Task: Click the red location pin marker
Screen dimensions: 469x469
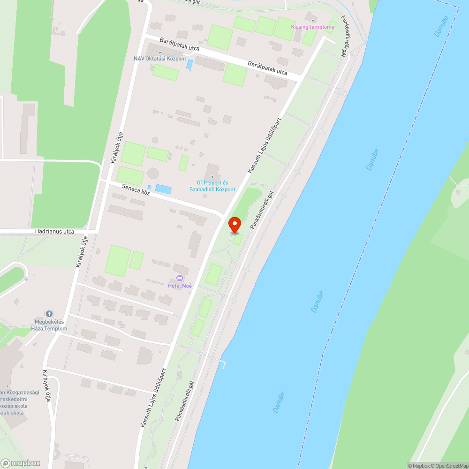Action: tap(234, 225)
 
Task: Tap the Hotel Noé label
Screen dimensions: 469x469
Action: tap(180, 286)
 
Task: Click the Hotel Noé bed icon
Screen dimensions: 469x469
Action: tap(180, 279)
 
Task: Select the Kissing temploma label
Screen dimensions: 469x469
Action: tap(313, 27)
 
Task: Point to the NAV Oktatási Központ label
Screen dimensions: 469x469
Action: tap(160, 59)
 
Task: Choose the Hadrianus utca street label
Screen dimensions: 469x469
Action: tap(54, 231)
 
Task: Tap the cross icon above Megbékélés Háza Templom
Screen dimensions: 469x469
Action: tap(49, 313)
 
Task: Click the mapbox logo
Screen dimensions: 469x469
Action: tap(21, 462)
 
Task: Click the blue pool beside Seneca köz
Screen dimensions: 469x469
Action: tap(163, 189)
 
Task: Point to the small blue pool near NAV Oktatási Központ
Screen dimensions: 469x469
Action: tap(189, 64)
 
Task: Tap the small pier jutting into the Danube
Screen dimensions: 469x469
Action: tap(224, 363)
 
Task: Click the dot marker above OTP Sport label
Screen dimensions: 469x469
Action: tap(212, 177)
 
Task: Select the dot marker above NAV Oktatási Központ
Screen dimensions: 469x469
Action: tap(160, 53)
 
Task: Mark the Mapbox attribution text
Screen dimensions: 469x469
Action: tap(419, 466)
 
